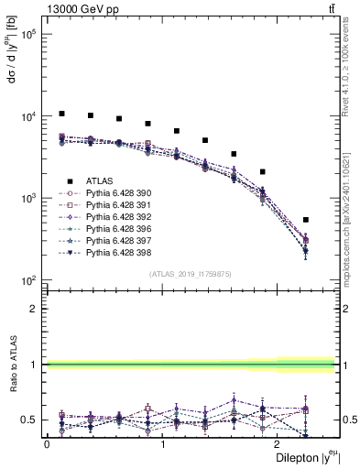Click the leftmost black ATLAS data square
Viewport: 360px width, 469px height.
point(61,114)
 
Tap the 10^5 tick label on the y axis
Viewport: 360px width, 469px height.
point(27,35)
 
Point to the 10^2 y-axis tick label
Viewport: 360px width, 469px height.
point(27,280)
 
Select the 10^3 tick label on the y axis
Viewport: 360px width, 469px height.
point(27,199)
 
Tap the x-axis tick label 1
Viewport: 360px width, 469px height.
point(163,445)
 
